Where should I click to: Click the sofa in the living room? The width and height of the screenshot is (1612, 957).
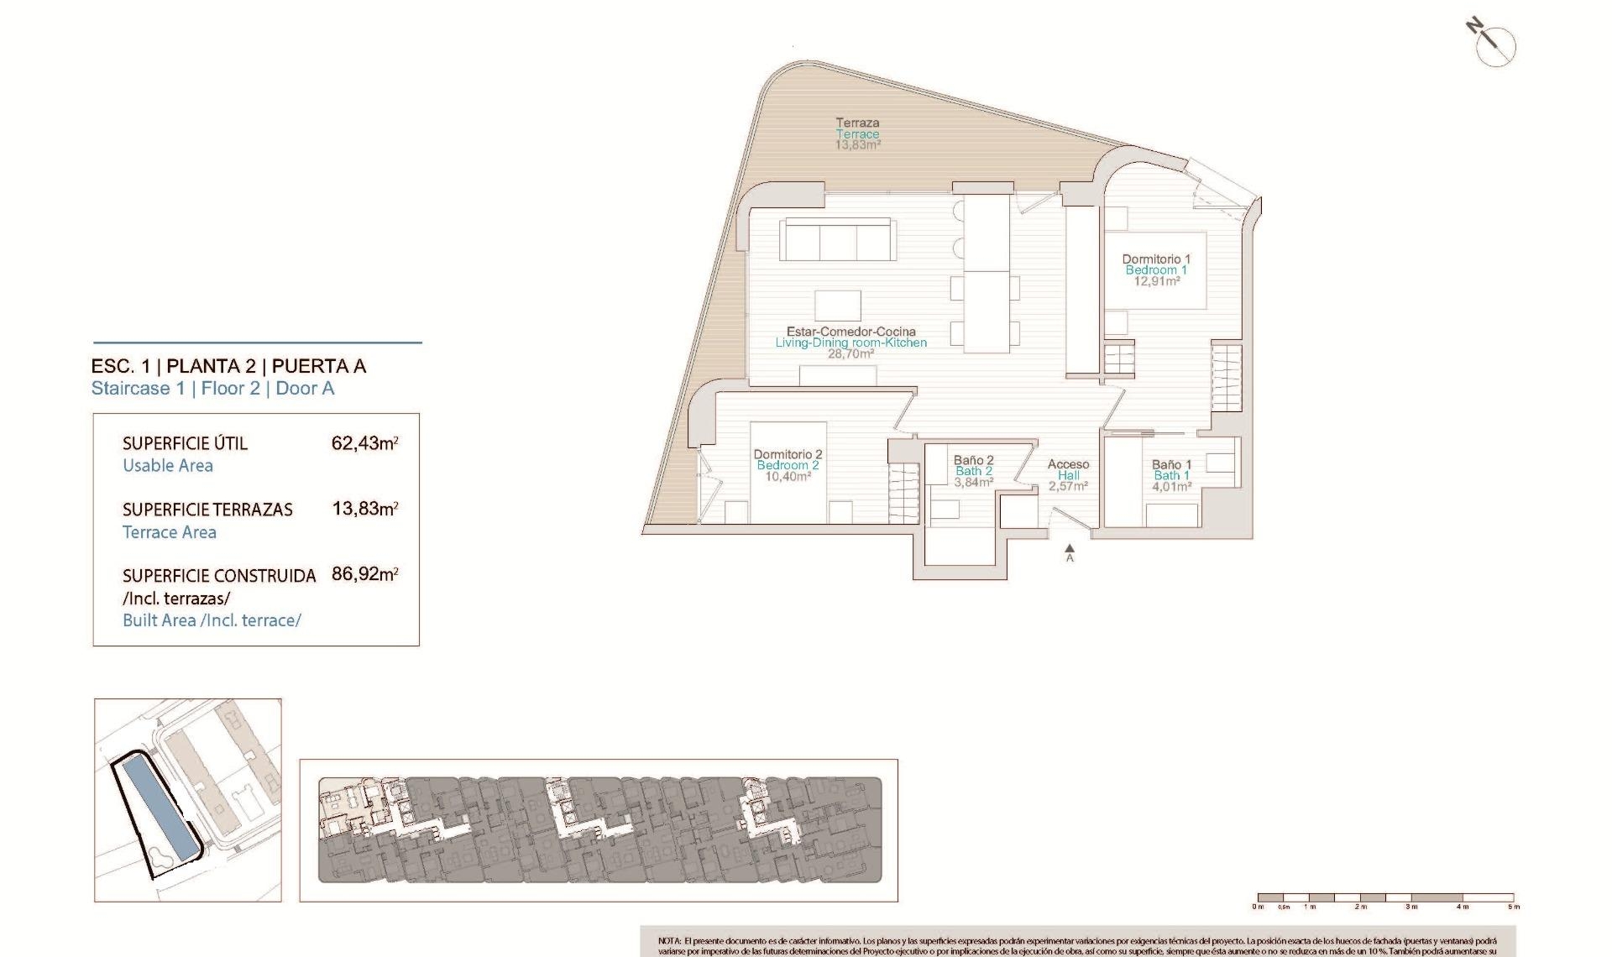coord(836,240)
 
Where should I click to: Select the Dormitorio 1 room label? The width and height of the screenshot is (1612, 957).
coord(1156,269)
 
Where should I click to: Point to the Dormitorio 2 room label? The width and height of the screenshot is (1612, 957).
coord(787,465)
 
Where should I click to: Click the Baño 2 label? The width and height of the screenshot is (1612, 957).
coord(973,471)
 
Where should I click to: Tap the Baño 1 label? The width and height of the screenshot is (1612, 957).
coord(1171,475)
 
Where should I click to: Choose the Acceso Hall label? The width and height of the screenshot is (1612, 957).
coord(1068,475)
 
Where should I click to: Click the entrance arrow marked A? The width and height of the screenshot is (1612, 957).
coord(1070,552)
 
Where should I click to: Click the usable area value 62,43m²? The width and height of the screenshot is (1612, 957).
coord(364,443)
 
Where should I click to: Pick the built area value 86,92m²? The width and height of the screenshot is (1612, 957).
coord(364,575)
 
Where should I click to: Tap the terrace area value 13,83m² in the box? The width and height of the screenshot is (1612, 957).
coord(364,509)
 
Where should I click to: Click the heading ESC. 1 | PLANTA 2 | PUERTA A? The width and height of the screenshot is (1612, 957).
coord(228,366)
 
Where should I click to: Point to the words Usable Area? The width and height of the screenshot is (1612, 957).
coord(168,466)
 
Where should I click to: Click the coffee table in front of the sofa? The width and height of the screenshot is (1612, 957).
coord(837,305)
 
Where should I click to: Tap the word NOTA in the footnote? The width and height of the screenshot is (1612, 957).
coord(669,942)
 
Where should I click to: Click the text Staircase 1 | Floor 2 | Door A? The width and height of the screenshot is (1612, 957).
coord(212,389)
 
